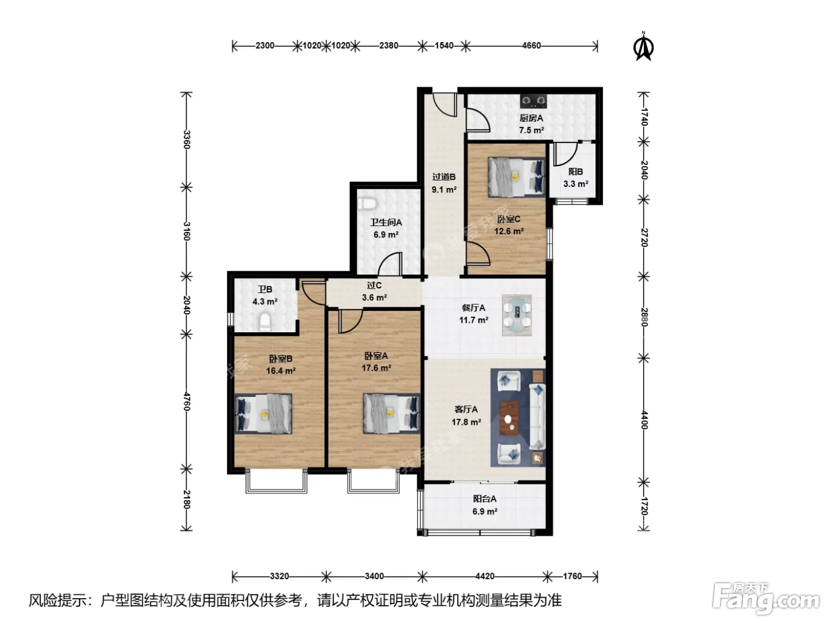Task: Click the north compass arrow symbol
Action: (x=643, y=47)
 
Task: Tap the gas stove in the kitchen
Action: (x=534, y=101)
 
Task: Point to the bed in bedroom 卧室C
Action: (x=516, y=177)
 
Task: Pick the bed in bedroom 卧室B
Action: (x=263, y=414)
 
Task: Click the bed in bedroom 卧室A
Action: (x=392, y=413)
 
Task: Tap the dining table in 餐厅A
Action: (x=517, y=316)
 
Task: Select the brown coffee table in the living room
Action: (x=509, y=418)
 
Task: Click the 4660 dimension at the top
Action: (x=531, y=46)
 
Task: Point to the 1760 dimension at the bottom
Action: (x=572, y=576)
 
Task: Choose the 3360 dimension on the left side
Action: (x=186, y=139)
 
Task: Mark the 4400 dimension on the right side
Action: (x=644, y=420)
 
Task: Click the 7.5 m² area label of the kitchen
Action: (x=531, y=131)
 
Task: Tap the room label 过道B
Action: (x=444, y=177)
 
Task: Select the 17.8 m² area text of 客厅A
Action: (x=466, y=422)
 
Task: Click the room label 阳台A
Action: (x=484, y=499)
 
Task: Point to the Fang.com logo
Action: (x=766, y=600)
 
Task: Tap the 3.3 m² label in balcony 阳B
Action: (x=576, y=184)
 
